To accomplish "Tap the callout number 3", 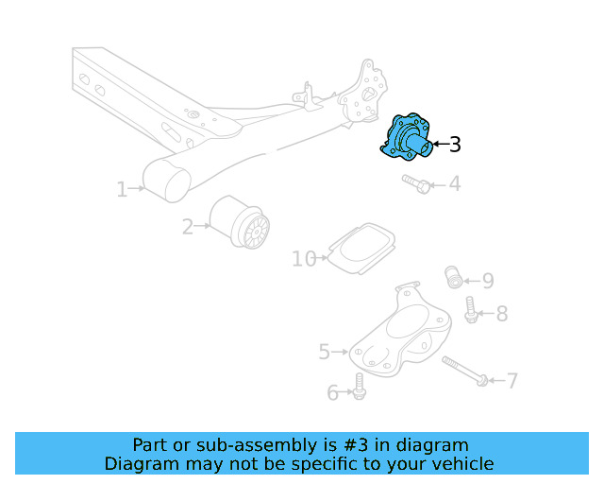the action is pos(455,145).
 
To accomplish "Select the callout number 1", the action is pos(122,190).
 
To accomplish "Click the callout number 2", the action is pos(188,226).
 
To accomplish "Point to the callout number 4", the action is pos(455,183).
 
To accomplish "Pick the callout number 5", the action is pos(325,353).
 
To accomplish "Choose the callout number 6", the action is pos(332,392).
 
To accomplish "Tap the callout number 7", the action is pos(512,381).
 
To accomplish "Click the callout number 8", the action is pos(501,314).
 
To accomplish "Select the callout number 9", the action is pos(487,281).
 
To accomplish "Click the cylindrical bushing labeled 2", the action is pos(240,222).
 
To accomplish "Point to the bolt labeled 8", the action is pos(471,309).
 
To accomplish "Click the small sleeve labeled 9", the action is pos(454,277).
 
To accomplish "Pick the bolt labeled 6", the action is pos(359,386).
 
